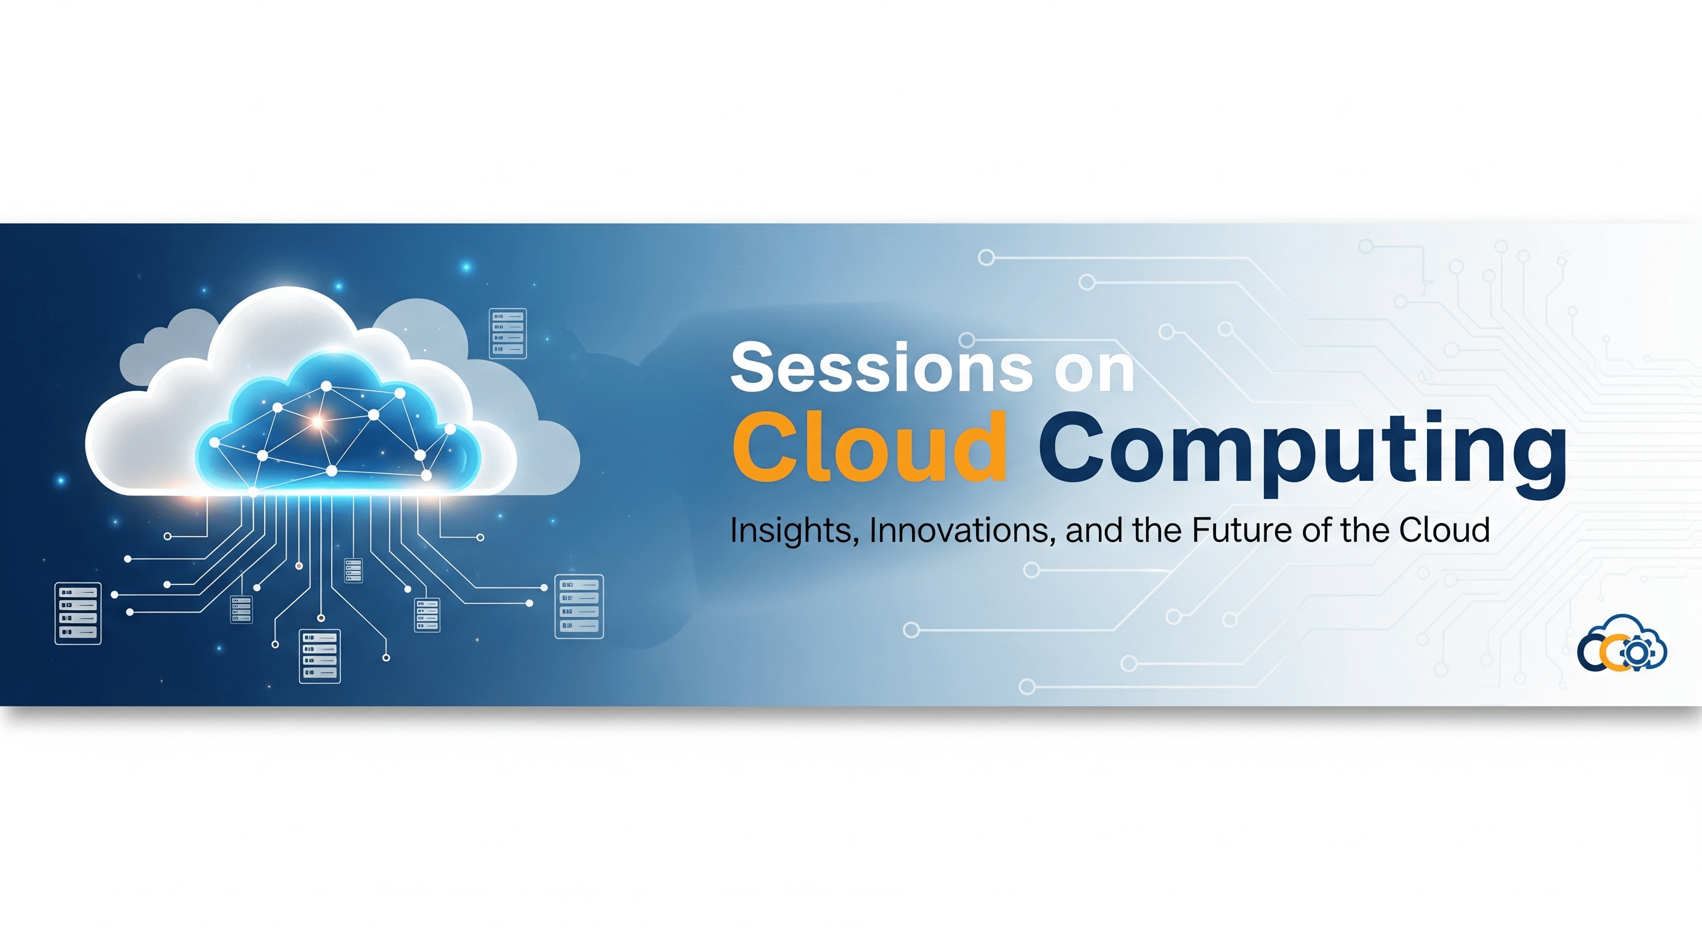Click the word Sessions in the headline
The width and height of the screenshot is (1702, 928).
tap(881, 367)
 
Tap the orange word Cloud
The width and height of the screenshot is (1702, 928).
tap(870, 447)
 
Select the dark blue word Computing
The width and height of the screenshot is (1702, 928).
tap(1302, 449)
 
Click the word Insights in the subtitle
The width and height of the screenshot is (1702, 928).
tap(794, 530)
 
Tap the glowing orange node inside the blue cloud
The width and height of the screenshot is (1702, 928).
tap(317, 420)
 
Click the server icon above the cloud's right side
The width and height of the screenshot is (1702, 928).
tap(508, 333)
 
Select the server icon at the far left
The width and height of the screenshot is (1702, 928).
tap(78, 613)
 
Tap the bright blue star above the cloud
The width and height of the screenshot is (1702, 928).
tap(467, 267)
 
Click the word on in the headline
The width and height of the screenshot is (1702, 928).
tap(1094, 370)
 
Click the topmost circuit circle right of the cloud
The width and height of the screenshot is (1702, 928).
tap(986, 257)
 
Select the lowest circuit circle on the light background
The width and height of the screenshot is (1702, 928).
tap(1027, 686)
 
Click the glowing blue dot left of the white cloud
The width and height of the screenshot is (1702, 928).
tap(61, 480)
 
